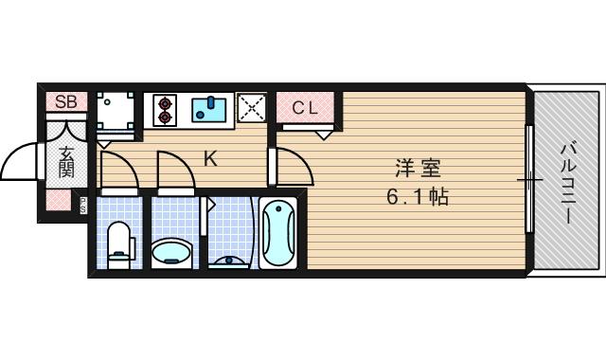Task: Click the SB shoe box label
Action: pyautogui.click(x=66, y=101)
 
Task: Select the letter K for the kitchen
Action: pyautogui.click(x=210, y=159)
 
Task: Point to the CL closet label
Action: pyautogui.click(x=305, y=107)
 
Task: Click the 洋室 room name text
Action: pyautogui.click(x=418, y=171)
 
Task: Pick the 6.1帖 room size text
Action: pyautogui.click(x=418, y=198)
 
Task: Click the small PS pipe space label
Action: pyautogui.click(x=82, y=202)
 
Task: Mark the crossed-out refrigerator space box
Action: pyautogui.click(x=252, y=109)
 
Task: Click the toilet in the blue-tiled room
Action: pyautogui.click(x=119, y=241)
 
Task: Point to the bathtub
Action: pyautogui.click(x=278, y=233)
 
